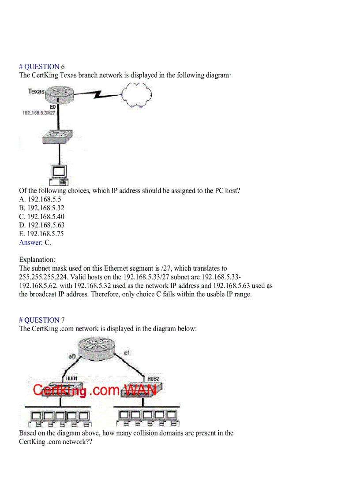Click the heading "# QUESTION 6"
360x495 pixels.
42,67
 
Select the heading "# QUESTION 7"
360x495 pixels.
42,320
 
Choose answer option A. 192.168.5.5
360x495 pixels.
40,199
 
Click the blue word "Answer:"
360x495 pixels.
31,242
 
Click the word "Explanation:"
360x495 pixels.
37,260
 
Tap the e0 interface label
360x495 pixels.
72,356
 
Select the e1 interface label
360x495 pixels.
127,353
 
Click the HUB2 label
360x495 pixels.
153,379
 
